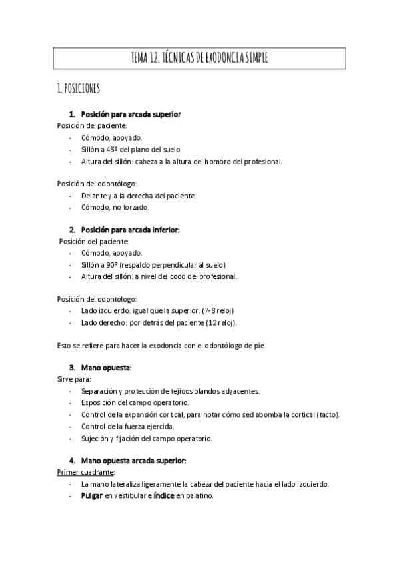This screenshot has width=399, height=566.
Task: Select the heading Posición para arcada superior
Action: coord(131,114)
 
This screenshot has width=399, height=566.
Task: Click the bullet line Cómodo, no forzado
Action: coord(110,207)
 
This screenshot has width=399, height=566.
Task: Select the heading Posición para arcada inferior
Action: coord(130,230)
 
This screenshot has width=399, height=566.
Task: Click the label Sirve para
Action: coord(69,379)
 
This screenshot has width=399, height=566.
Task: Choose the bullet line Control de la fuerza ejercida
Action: coord(127,427)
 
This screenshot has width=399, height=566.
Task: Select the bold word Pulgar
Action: coord(92,496)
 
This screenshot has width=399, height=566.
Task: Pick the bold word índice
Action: coord(164,496)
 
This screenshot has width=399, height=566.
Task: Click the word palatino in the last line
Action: coord(199,496)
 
